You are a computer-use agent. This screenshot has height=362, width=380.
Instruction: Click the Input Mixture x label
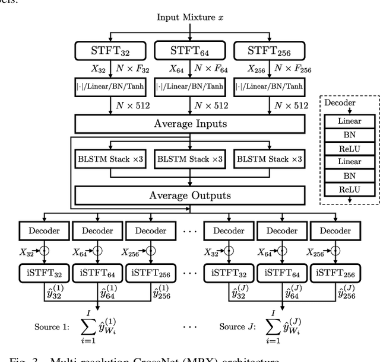(x=190, y=17)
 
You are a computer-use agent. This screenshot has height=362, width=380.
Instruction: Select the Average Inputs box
(x=189, y=124)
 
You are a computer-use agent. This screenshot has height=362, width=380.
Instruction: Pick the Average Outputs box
(x=189, y=195)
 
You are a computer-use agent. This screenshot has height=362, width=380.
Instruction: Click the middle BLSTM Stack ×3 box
(x=190, y=159)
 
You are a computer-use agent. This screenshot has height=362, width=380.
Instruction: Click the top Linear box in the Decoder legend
(x=350, y=121)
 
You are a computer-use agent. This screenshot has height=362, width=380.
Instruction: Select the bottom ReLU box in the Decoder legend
(x=350, y=190)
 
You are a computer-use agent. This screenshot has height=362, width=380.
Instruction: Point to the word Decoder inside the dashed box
(x=340, y=102)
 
